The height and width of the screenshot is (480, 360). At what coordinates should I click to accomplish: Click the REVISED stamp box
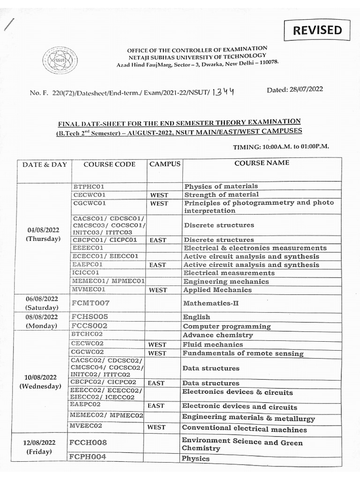point(317,30)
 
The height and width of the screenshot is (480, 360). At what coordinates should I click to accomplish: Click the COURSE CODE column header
point(109,165)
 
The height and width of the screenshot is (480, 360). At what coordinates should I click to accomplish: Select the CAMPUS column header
point(165,164)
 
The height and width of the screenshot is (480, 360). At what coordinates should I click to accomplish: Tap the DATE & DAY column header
point(45,165)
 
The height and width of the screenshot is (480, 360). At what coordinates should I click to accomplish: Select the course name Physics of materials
point(221,186)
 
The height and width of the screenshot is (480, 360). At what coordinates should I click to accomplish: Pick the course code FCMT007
point(90,303)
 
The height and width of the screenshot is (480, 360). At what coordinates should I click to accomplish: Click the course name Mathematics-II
point(210,303)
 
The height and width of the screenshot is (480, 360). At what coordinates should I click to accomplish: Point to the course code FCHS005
point(90,317)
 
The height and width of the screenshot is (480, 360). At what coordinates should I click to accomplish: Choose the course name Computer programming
point(226,326)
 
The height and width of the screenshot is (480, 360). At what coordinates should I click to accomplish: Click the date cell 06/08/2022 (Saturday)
point(43,303)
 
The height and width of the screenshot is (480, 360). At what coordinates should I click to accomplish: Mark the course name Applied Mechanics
point(217,290)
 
